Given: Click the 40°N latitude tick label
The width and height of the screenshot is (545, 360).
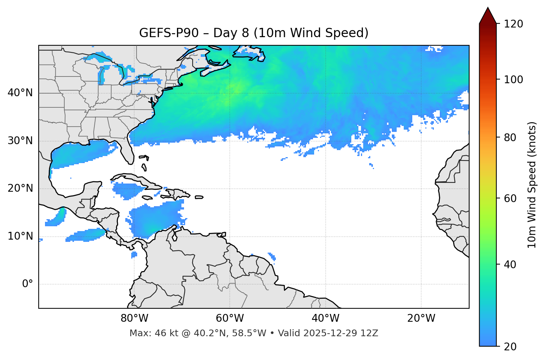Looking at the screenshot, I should click(x=20, y=93).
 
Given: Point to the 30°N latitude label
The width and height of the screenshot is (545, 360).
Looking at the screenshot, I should click(x=20, y=141).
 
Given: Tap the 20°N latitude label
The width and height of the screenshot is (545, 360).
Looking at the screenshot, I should click(x=20, y=188).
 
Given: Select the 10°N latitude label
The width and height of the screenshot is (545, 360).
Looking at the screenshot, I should click(x=20, y=236).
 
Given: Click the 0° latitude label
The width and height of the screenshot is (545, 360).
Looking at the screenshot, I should click(x=27, y=284).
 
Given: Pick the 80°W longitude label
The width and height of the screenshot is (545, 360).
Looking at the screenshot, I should click(x=134, y=318).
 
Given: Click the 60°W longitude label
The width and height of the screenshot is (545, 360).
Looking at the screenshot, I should click(x=230, y=318).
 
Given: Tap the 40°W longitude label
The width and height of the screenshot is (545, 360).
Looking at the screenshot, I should click(x=325, y=318).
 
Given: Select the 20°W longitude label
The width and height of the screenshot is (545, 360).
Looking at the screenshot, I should click(x=421, y=318).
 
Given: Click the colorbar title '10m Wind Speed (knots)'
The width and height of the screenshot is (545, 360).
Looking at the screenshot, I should click(x=532, y=185).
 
